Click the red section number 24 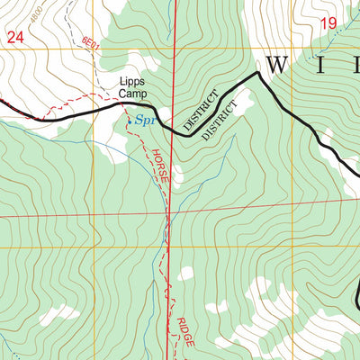14,37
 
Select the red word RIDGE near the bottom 184,333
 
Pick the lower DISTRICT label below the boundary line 221,121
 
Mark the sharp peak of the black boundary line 258,74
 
